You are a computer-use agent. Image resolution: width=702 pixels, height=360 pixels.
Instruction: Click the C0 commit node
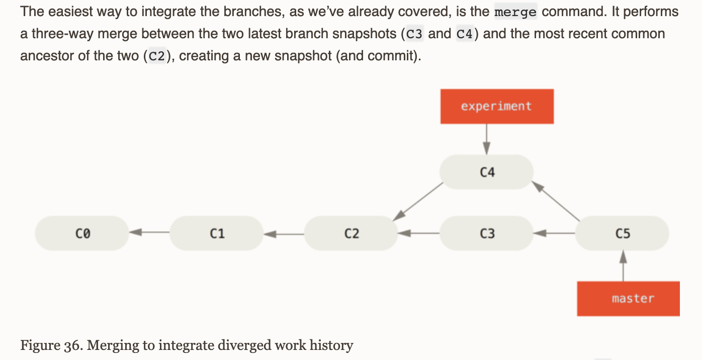[82, 233]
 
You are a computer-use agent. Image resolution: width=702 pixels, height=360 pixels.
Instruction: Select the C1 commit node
[217, 233]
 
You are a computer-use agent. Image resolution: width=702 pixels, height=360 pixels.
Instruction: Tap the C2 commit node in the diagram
[351, 233]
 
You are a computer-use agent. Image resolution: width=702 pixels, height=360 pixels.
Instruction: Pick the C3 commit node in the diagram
[486, 233]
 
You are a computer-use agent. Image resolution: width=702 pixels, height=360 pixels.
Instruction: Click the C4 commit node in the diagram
[486, 171]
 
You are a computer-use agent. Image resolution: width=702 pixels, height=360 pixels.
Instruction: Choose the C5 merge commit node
[622, 233]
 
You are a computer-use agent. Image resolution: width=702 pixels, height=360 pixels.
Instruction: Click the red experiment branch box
[497, 107]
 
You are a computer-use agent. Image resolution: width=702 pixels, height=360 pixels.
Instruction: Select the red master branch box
[629, 299]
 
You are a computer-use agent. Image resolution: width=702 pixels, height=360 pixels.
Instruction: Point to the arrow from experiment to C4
[486, 139]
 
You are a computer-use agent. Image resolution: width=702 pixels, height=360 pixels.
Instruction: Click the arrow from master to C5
[624, 265]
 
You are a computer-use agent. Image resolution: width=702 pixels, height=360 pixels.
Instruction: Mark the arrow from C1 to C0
[149, 232]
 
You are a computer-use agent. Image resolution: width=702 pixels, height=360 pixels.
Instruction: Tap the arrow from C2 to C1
[284, 234]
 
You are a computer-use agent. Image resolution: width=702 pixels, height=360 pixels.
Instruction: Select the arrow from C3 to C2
[419, 233]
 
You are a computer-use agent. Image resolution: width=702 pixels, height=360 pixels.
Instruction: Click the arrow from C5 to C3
[554, 233]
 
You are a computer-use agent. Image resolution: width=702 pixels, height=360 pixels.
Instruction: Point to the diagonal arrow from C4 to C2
[418, 202]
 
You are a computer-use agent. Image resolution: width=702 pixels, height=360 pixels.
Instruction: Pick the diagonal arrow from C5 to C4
[556, 201]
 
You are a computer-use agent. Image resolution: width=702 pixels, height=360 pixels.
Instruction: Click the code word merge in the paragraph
[515, 12]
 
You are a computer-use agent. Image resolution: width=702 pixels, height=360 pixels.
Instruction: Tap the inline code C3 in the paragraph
[414, 34]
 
